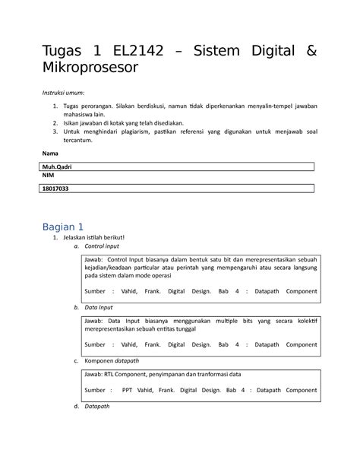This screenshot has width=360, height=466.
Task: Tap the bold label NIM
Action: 48,176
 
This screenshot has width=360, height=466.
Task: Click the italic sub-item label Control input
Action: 102,246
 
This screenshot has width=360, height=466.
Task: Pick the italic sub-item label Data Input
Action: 99,308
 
